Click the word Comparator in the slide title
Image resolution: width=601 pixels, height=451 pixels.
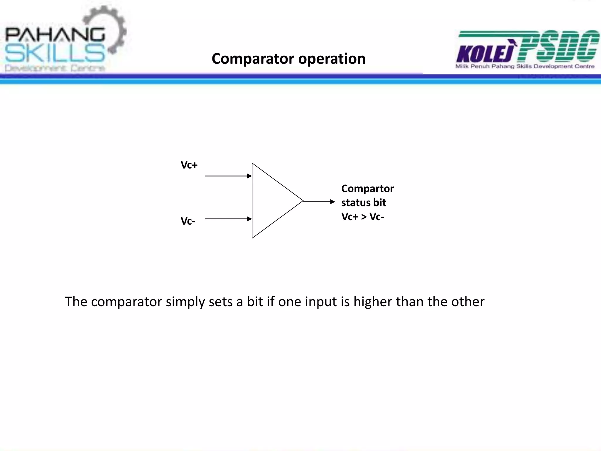[x=253, y=59]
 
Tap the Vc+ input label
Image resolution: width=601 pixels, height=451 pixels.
[x=189, y=165]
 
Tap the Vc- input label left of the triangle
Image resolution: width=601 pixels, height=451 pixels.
[x=188, y=221]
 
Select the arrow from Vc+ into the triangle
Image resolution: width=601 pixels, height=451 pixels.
[x=228, y=176]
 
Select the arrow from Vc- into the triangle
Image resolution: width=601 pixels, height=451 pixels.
[x=228, y=219]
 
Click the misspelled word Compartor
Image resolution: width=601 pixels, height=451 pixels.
[x=367, y=189]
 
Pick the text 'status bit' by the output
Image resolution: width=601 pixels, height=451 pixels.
[x=364, y=203]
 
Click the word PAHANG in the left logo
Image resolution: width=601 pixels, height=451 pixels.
[x=55, y=35]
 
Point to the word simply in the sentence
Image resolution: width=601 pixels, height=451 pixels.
[x=185, y=302]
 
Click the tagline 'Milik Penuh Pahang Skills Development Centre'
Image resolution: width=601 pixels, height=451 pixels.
[x=525, y=67]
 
